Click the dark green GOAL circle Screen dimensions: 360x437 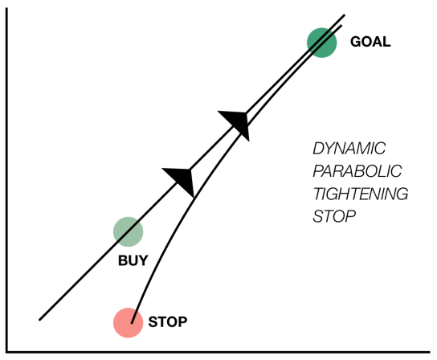tap(322, 42)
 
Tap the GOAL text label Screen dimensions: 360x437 tap(370, 42)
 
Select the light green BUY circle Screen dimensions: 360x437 tap(128, 231)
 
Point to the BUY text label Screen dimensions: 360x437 tap(133, 260)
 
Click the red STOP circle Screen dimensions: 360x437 tap(127, 322)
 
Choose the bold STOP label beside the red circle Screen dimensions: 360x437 tap(168, 323)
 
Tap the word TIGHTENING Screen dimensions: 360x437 tap(360, 194)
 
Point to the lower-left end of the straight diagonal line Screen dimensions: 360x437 tap(40, 318)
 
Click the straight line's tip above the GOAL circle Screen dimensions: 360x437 tap(344, 15)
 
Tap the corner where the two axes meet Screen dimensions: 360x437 tap(7, 350)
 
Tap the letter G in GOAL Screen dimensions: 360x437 tap(355, 42)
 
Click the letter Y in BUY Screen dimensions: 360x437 tap(143, 260)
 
